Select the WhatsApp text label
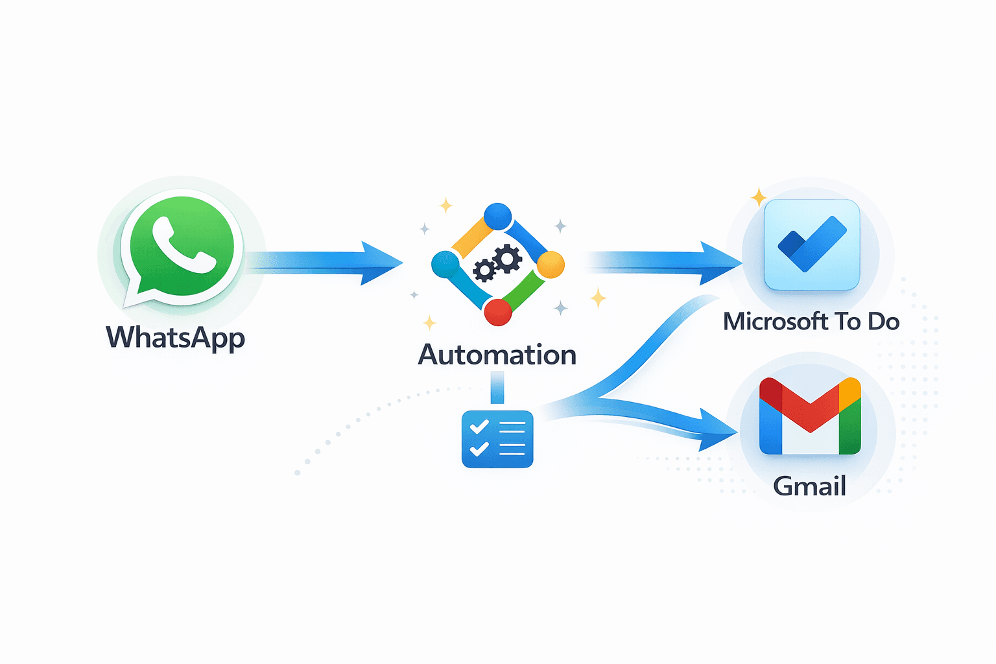pyautogui.click(x=175, y=338)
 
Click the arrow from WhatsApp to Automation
pyautogui.click(x=324, y=263)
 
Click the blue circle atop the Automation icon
pyautogui.click(x=498, y=217)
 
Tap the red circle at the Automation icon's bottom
pyautogui.click(x=498, y=312)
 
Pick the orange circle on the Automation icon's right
pyautogui.click(x=551, y=265)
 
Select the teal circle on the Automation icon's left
pyautogui.click(x=445, y=264)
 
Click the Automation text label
pyautogui.click(x=497, y=355)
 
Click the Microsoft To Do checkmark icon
pyautogui.click(x=812, y=244)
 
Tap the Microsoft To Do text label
pyautogui.click(x=811, y=322)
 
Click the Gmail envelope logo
pyautogui.click(x=810, y=416)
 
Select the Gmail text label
pyautogui.click(x=810, y=486)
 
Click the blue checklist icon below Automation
pyautogui.click(x=497, y=439)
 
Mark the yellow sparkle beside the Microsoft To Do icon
pyautogui.click(x=758, y=196)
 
